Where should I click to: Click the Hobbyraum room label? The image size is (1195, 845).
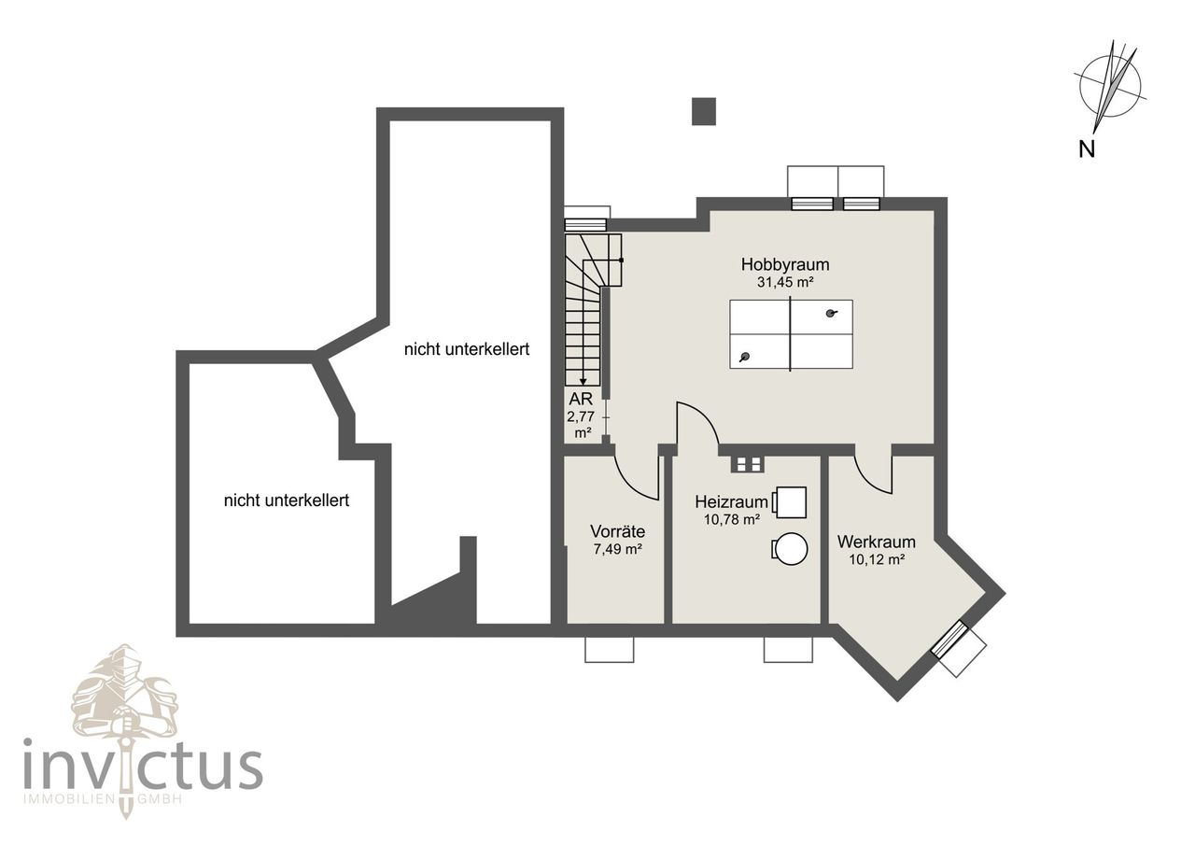click(x=785, y=264)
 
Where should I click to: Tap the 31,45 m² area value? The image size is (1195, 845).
click(x=785, y=281)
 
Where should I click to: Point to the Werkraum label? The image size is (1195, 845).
click(x=876, y=542)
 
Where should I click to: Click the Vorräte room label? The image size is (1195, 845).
click(x=617, y=531)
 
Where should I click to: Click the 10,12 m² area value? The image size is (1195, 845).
click(x=876, y=559)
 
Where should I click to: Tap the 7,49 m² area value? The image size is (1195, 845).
click(x=617, y=549)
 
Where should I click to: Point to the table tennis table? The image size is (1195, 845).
click(x=791, y=334)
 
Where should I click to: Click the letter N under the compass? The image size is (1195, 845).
click(x=1087, y=148)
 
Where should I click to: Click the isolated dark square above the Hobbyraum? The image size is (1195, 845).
click(x=703, y=111)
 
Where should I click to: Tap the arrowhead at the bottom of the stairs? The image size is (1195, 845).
click(x=583, y=380)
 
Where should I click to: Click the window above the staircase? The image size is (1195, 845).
click(x=585, y=224)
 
